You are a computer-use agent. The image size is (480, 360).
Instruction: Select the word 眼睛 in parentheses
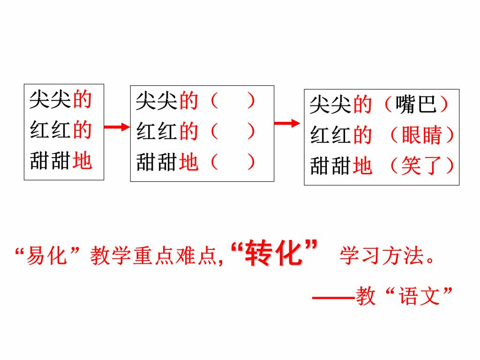click(x=422, y=135)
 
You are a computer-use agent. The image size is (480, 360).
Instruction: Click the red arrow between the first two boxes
click(x=116, y=127)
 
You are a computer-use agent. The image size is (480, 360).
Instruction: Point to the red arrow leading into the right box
click(x=287, y=123)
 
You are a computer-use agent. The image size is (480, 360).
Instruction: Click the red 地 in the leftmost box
click(x=82, y=161)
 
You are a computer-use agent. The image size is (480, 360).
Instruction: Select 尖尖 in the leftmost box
click(x=51, y=100)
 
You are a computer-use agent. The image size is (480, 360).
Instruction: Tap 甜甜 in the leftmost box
click(x=51, y=161)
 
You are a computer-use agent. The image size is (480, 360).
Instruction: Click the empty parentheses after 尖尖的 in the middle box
click(x=232, y=101)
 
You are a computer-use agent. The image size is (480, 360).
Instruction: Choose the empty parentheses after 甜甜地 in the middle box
click(x=232, y=162)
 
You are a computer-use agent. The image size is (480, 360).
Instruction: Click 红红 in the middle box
click(x=157, y=132)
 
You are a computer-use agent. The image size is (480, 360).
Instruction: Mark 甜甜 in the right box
click(x=331, y=166)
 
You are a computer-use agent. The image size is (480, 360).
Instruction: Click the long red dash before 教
click(x=333, y=297)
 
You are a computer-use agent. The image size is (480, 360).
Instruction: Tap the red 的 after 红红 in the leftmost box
click(x=82, y=130)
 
